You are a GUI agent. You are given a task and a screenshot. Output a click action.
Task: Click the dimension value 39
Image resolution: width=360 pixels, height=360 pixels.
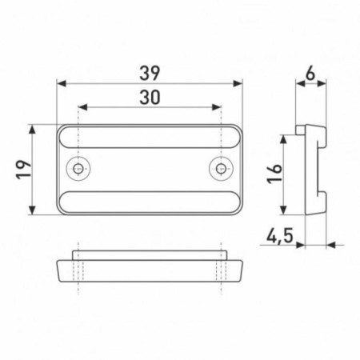pyautogui.click(x=150, y=73)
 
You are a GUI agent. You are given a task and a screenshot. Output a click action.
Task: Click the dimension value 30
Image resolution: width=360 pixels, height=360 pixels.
pyautogui.click(x=150, y=97)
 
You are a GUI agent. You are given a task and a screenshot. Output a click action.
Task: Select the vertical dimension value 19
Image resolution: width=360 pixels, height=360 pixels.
pyautogui.click(x=24, y=170)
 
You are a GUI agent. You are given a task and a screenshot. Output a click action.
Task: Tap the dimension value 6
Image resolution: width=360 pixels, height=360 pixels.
pyautogui.click(x=310, y=74)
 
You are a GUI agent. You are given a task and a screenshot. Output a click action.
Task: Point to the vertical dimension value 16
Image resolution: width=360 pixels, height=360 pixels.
pyautogui.click(x=274, y=174)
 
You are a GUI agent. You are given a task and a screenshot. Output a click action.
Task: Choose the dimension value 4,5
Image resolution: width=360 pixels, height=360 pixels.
pyautogui.click(x=280, y=236)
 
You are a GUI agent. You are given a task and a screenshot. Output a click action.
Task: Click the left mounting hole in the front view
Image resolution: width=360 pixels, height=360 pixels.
pyautogui.click(x=78, y=168)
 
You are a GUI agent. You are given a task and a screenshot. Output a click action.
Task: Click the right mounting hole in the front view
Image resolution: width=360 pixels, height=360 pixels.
pyautogui.click(x=221, y=168)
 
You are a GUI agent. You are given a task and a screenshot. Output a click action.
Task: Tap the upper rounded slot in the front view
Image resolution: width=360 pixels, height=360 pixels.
pyautogui.click(x=150, y=137)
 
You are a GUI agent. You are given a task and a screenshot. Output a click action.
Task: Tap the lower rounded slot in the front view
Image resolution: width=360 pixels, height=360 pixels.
pyautogui.click(x=150, y=202)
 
